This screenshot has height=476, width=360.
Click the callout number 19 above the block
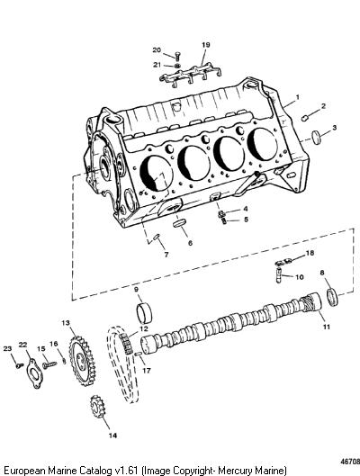[x=206, y=45]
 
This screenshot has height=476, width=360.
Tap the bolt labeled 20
[x=177, y=57]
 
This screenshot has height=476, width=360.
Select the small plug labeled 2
[x=305, y=118]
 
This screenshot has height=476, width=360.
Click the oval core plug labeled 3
[x=316, y=137]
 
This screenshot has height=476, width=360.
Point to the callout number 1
[x=298, y=97]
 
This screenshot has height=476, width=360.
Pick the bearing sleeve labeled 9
[x=144, y=312]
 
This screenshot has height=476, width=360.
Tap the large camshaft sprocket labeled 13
[x=82, y=358]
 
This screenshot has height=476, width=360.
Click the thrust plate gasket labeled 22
[x=34, y=373]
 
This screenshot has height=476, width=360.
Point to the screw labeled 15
[x=49, y=365]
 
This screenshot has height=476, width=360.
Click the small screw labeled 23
[x=20, y=365]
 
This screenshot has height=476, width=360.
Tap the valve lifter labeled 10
[x=279, y=276]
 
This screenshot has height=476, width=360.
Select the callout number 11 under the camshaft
[x=327, y=327]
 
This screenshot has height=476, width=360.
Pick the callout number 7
[x=166, y=255]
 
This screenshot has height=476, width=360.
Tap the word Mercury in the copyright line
[x=232, y=471]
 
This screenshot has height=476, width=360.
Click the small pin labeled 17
[x=139, y=354]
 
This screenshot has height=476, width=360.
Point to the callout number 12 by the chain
[x=144, y=328]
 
